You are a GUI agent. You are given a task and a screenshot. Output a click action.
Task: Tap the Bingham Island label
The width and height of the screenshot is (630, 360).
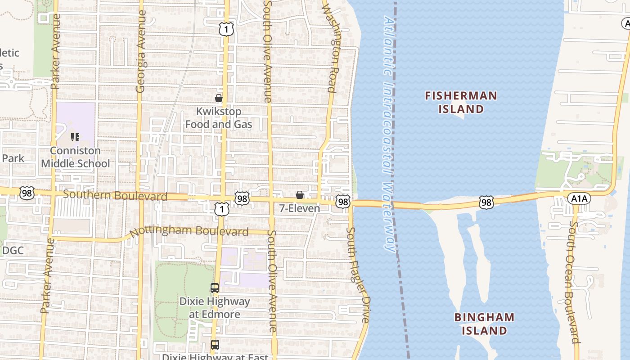(x=484, y=324)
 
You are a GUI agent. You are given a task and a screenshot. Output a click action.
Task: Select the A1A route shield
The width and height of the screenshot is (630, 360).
(x=578, y=198)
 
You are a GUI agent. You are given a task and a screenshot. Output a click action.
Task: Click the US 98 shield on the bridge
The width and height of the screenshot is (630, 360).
(x=486, y=202)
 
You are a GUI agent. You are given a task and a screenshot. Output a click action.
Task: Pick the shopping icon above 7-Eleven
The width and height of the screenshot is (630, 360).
(x=299, y=195)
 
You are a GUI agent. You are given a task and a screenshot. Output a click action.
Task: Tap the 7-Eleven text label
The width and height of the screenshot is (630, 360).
(x=299, y=208)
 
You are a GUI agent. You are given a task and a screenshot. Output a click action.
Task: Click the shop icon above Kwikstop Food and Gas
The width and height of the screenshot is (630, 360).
(x=219, y=98)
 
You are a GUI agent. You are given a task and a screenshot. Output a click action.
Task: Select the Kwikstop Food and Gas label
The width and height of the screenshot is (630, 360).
(x=219, y=117)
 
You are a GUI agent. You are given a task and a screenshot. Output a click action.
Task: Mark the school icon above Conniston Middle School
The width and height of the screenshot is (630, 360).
(x=75, y=137)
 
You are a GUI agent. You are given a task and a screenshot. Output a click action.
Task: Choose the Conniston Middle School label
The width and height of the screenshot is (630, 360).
(x=75, y=157)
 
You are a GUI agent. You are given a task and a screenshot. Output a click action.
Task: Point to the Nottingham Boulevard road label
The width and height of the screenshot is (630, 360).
(x=189, y=232)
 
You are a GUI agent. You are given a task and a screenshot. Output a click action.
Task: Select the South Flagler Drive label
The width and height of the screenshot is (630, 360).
(x=358, y=274)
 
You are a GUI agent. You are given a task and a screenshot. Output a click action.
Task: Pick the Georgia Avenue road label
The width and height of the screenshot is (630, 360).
(x=141, y=52)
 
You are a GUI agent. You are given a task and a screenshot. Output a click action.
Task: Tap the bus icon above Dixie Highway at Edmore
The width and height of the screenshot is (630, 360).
(x=215, y=288)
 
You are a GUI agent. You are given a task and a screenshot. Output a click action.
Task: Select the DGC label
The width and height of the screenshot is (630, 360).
(x=13, y=251)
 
